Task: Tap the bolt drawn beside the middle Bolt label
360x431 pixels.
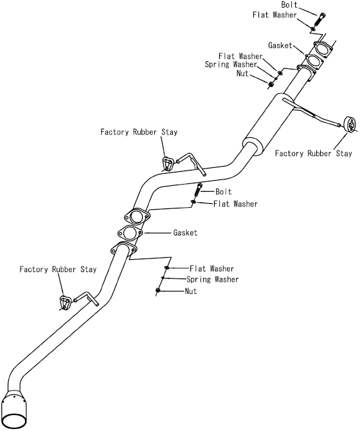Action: (198, 190)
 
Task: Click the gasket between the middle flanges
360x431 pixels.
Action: (130, 233)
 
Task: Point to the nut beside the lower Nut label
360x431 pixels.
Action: (157, 290)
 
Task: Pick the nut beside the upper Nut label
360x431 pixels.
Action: (270, 84)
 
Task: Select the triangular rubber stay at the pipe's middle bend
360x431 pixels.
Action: (167, 163)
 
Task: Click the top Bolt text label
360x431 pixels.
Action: (289, 5)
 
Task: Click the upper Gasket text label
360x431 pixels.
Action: (280, 46)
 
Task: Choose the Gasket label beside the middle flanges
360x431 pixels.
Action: (185, 233)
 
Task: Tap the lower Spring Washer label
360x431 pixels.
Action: (213, 280)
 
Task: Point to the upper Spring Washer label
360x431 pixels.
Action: (231, 64)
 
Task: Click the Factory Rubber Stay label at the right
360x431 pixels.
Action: (313, 153)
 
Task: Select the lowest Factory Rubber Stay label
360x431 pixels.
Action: (58, 269)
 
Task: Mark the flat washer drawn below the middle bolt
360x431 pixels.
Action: (194, 202)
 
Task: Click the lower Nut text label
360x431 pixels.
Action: (191, 291)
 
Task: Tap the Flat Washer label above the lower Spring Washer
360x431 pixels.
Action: (212, 268)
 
